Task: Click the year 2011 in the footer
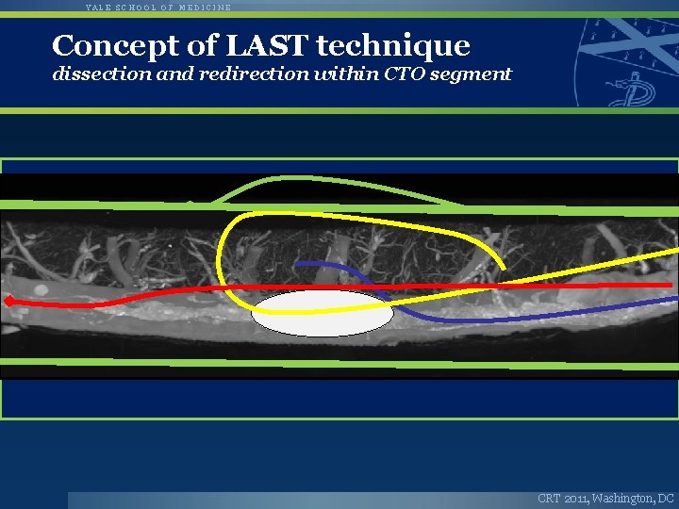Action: pos(575,498)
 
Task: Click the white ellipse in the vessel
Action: pos(322,313)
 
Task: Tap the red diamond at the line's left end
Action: pos(8,302)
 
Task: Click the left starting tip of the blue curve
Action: pos(296,263)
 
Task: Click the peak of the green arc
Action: pos(283,178)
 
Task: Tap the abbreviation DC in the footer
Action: pos(666,498)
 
